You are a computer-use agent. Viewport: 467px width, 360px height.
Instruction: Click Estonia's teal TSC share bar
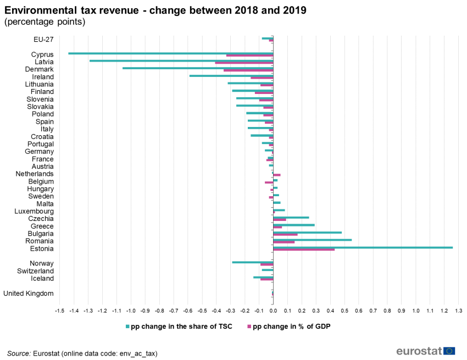pos(363,247)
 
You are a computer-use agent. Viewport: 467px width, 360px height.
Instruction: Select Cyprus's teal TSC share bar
pos(170,53)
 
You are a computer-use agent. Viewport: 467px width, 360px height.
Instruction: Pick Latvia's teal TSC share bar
pos(181,60)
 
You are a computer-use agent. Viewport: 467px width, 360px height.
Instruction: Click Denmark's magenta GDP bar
pos(248,70)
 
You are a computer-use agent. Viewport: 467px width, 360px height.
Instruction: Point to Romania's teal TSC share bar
pos(312,240)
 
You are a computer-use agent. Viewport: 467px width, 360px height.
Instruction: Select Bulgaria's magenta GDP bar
pos(285,235)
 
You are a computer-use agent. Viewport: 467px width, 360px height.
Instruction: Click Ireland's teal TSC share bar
pos(231,75)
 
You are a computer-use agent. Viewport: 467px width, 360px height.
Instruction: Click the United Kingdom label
pos(29,293)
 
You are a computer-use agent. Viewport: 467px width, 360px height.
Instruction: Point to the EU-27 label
pos(43,39)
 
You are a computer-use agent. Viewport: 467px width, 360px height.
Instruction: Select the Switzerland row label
pos(35,271)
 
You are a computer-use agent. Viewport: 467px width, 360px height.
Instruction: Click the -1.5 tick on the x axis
pos(59,311)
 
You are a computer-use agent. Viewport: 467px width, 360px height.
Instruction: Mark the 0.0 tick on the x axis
pos(273,311)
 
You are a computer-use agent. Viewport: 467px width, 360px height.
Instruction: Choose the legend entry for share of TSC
pos(181,326)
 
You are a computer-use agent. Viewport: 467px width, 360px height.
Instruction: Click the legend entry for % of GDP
pos(291,326)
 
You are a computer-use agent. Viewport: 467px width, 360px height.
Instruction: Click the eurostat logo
pos(425,351)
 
